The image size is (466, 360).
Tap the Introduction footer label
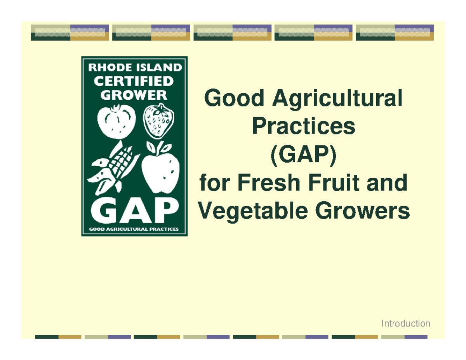406,323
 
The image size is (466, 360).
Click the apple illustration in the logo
160,169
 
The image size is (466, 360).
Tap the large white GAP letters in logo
134,210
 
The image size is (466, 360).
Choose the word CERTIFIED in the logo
135,82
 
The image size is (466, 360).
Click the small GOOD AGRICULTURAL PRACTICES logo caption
134,229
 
